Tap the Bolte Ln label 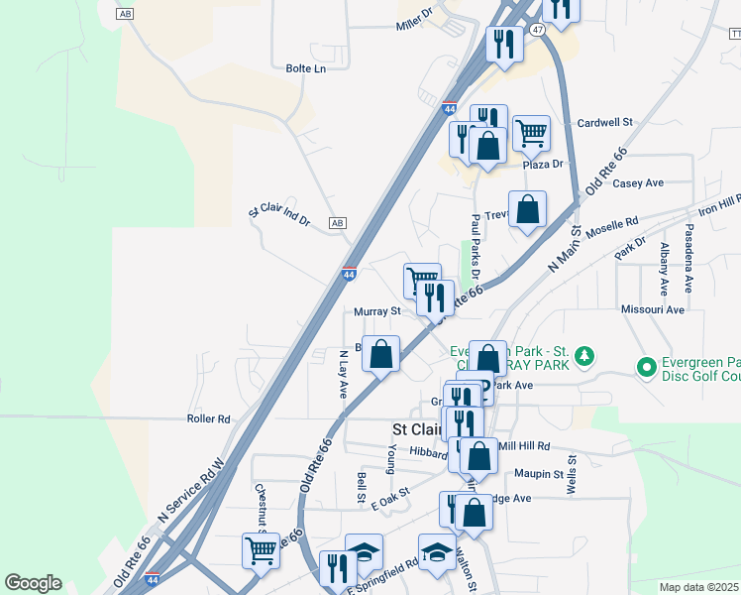coord(305,68)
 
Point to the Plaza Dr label coord(543,164)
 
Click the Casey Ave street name coord(638,183)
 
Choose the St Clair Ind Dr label coord(279,210)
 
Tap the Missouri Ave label coord(653,309)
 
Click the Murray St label coord(377,310)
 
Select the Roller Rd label coord(208,418)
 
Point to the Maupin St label coord(539,474)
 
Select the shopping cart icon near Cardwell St coord(532,131)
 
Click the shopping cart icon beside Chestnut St coord(261,549)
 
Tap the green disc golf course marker coord(647,368)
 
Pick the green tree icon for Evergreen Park coord(585,354)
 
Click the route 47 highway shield coord(535,31)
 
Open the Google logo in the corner coord(33,583)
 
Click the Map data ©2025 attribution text coord(699,587)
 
